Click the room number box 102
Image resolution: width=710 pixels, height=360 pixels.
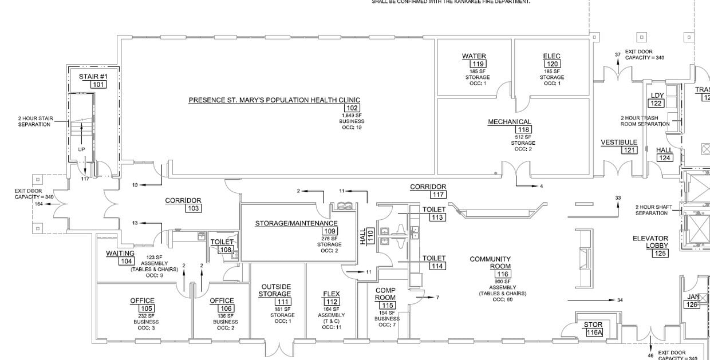click(x=351, y=108)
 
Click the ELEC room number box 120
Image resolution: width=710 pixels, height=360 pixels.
click(x=552, y=64)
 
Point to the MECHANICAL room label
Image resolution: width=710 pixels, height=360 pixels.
click(x=510, y=122)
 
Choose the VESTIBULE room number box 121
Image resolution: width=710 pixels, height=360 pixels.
click(x=630, y=150)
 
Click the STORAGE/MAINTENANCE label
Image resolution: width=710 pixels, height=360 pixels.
click(x=296, y=223)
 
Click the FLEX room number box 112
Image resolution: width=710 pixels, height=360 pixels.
click(x=332, y=302)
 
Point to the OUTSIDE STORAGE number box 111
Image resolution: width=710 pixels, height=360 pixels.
click(x=282, y=302)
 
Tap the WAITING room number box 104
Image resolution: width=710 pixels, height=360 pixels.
click(x=125, y=261)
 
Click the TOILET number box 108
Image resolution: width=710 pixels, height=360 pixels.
click(x=225, y=250)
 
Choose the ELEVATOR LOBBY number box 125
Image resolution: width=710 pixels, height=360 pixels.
click(x=660, y=253)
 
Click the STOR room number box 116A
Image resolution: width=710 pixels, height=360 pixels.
click(x=594, y=332)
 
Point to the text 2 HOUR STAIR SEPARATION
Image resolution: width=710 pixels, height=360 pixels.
click(x=35, y=121)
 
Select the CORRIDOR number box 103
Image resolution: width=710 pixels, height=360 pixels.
click(x=193, y=208)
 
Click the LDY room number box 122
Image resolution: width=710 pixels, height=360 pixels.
click(x=656, y=103)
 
